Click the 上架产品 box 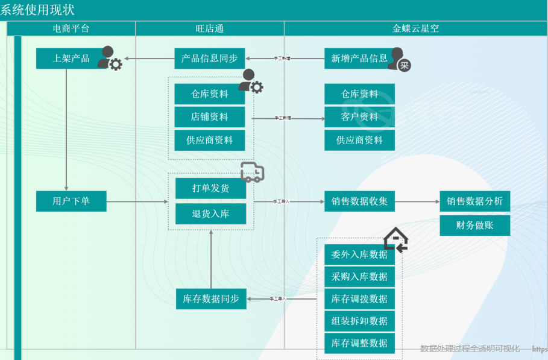click(71, 58)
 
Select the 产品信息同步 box click(210, 58)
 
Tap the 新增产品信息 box click(359, 58)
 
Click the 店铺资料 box click(210, 117)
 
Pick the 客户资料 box click(359, 117)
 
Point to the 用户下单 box click(71, 201)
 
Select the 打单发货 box click(210, 188)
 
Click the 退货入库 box click(210, 213)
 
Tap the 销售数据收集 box click(359, 201)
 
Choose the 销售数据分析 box click(475, 201)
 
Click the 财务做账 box click(475, 226)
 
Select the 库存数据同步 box click(211, 299)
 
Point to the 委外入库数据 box click(359, 254)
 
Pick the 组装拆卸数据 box click(359, 321)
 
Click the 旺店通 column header click(210, 28)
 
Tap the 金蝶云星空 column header click(415, 28)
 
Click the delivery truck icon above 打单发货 click(252, 172)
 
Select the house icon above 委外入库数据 click(395, 239)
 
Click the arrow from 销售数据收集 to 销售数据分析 click(417, 201)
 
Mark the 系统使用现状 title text click(37, 10)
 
